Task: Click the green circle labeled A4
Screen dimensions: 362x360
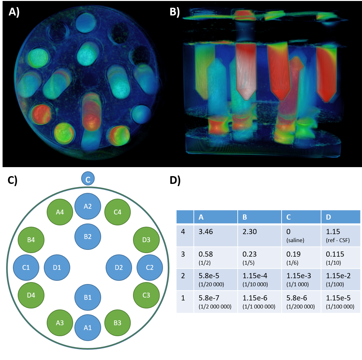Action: pyautogui.click(x=60, y=212)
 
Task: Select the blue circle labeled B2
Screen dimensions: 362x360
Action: pyautogui.click(x=88, y=237)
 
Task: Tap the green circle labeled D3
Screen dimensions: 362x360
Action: pyautogui.click(x=146, y=240)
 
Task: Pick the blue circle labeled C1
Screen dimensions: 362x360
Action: pyautogui.click(x=26, y=267)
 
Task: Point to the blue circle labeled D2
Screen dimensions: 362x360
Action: pyautogui.click(x=119, y=267)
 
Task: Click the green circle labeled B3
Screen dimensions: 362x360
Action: pyautogui.click(x=118, y=323)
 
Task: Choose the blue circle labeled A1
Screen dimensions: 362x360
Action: pyautogui.click(x=88, y=327)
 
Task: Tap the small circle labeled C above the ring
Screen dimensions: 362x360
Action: pyautogui.click(x=88, y=179)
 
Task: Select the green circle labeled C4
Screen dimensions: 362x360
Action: pyautogui.click(x=118, y=212)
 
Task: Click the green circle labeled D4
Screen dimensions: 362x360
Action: pyautogui.click(x=31, y=295)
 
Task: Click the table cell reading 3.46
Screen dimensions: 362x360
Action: pyautogui.click(x=215, y=235)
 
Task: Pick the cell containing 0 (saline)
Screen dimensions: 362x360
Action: pyautogui.click(x=301, y=235)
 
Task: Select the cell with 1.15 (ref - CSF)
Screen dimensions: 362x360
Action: pyautogui.click(x=340, y=235)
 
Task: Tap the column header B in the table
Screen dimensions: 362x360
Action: pyautogui.click(x=259, y=217)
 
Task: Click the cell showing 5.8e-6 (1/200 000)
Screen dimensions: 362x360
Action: pyautogui.click(x=301, y=302)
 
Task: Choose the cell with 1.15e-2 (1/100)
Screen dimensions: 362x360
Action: pyautogui.click(x=340, y=279)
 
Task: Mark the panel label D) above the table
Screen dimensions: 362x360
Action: pyautogui.click(x=175, y=181)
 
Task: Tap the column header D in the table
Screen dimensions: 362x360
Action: pyautogui.click(x=340, y=217)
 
